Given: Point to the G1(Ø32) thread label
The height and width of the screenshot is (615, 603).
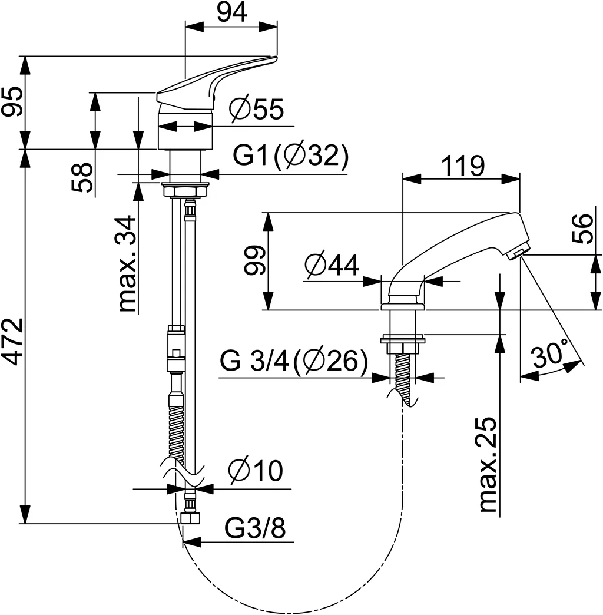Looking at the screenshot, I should coord(291,156).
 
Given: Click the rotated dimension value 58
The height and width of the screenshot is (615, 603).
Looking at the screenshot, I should coord(83,178).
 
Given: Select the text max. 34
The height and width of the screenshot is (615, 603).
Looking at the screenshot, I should coord(128,263).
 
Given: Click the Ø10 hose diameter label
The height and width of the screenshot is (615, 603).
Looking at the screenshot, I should coord(256,471).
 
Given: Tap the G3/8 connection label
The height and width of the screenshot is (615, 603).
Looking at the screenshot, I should coord(255,529).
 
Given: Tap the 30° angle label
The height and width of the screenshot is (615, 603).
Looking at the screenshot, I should coord(550,355).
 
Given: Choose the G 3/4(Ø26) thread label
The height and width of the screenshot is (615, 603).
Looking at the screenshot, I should coord(294,361).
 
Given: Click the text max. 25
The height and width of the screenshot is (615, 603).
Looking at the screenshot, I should coord(489,465).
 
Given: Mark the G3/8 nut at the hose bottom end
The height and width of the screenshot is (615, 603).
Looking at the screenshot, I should coord(190,518).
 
